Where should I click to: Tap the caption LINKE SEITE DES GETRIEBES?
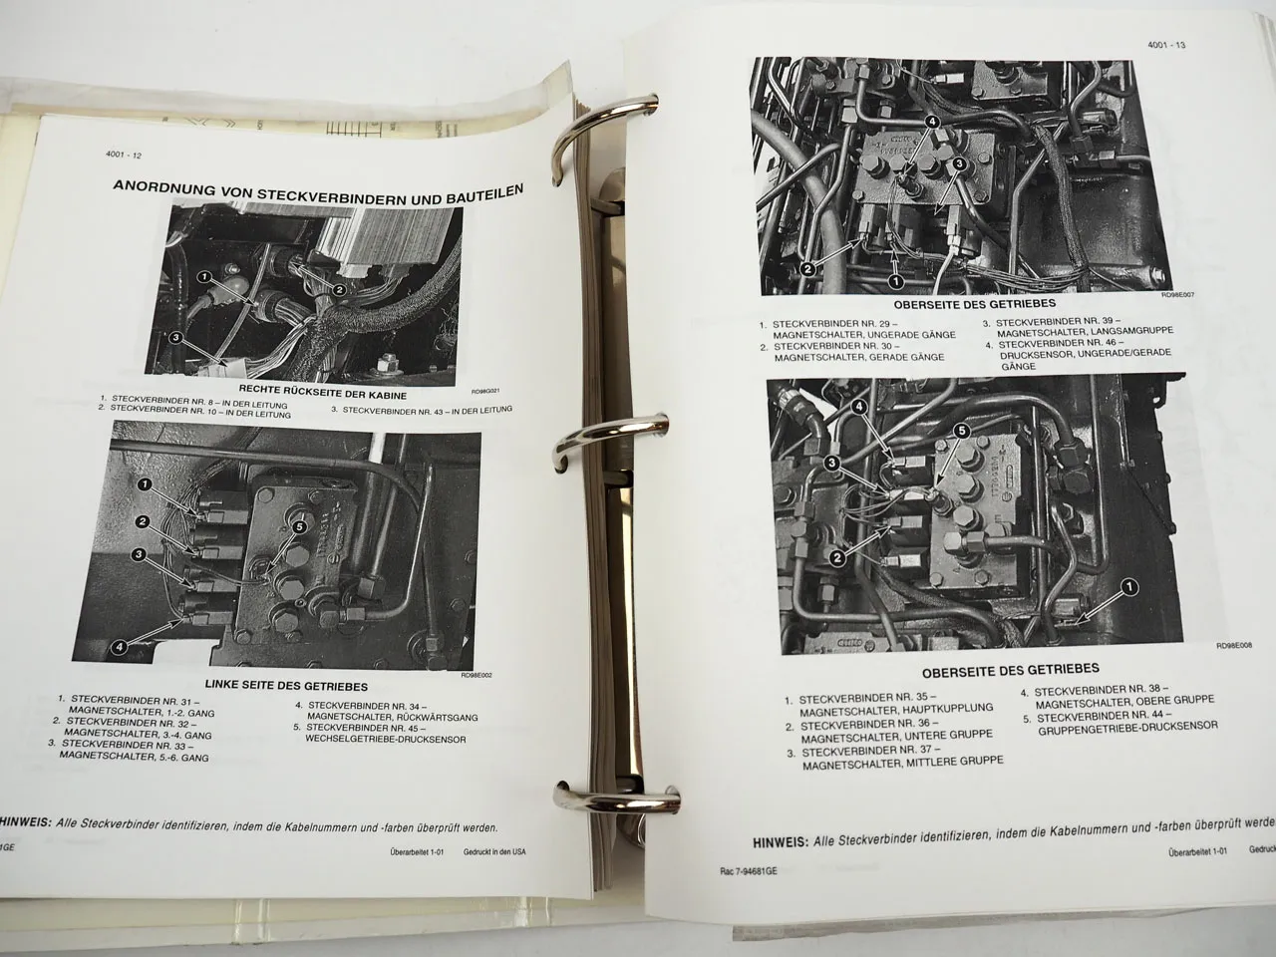(x=286, y=686)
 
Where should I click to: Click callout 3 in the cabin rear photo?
(x=175, y=339)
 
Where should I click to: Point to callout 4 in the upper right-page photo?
(x=932, y=123)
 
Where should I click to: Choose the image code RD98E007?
(x=1182, y=295)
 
